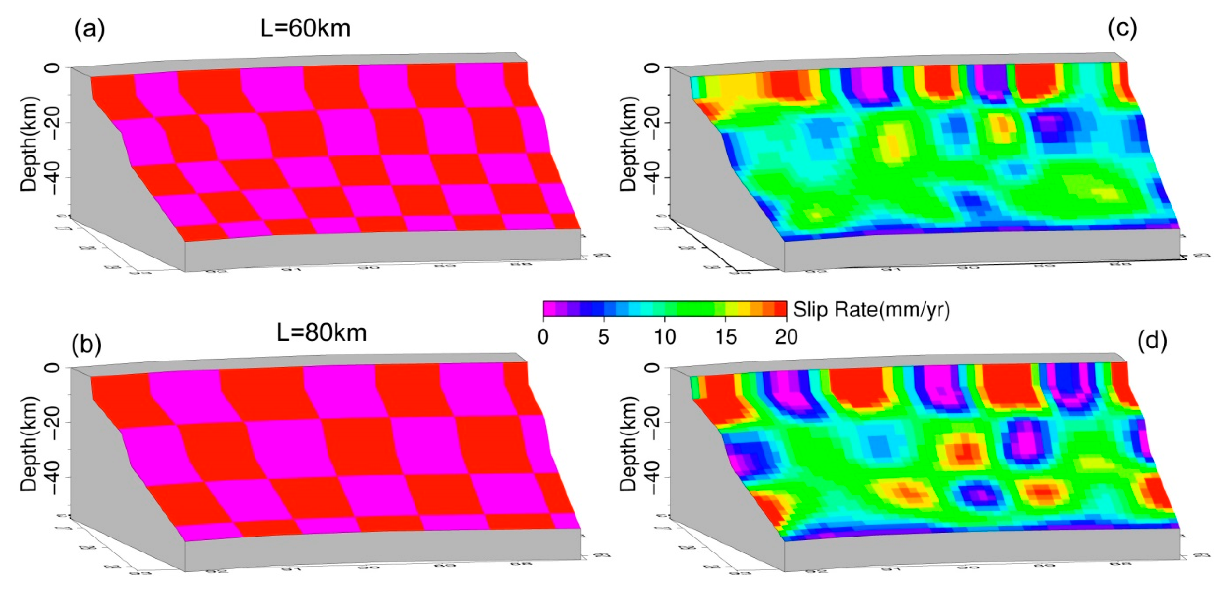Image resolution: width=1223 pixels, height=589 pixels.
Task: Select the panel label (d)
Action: (x=1152, y=341)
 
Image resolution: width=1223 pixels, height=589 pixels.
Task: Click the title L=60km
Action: (x=305, y=28)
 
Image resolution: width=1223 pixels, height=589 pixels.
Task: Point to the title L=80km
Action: (x=321, y=332)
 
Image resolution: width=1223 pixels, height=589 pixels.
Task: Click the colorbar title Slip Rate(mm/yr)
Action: (x=871, y=310)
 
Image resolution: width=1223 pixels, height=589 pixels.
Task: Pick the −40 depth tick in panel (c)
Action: (x=651, y=177)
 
